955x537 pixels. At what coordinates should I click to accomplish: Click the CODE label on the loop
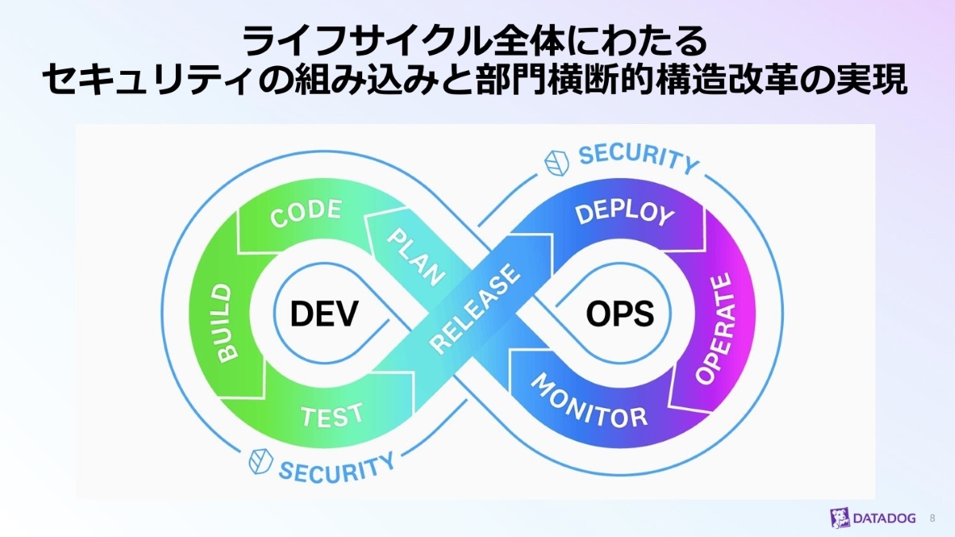tap(306, 213)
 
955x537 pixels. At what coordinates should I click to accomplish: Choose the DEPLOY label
tap(624, 212)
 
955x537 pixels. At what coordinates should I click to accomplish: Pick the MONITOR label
tap(589, 401)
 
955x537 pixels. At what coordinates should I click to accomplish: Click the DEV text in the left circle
tap(323, 315)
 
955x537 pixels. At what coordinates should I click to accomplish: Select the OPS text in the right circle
tap(620, 315)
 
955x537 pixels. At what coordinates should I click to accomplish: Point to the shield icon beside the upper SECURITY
tap(557, 161)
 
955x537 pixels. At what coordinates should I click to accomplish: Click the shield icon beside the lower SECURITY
tap(261, 462)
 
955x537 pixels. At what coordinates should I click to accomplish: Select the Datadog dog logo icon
tap(840, 518)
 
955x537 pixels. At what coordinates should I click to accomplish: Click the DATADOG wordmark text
tap(885, 519)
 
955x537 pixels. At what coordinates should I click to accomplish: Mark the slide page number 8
tap(933, 519)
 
